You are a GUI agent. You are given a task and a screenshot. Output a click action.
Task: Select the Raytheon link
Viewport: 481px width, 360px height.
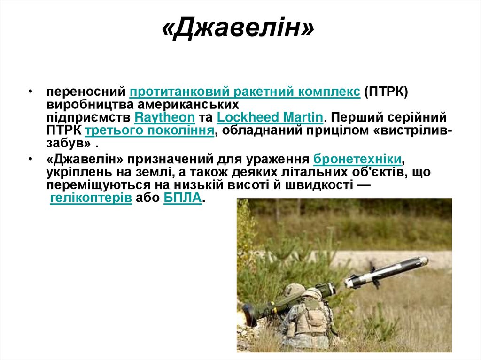point(164,117)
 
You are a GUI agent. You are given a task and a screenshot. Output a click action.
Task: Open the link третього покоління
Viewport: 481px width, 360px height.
point(150,130)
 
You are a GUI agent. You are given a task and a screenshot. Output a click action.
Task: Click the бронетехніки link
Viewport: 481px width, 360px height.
point(357,158)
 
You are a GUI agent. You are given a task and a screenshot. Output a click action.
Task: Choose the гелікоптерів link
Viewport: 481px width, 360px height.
point(91,198)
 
